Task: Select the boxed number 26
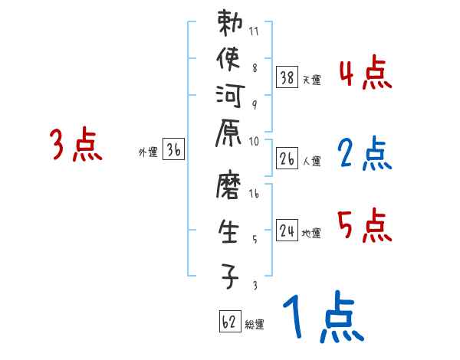click(x=287, y=159)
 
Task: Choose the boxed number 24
click(x=287, y=231)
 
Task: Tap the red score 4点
click(x=365, y=75)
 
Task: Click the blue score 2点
click(x=365, y=154)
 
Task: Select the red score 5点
click(x=365, y=226)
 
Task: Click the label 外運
click(x=147, y=152)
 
